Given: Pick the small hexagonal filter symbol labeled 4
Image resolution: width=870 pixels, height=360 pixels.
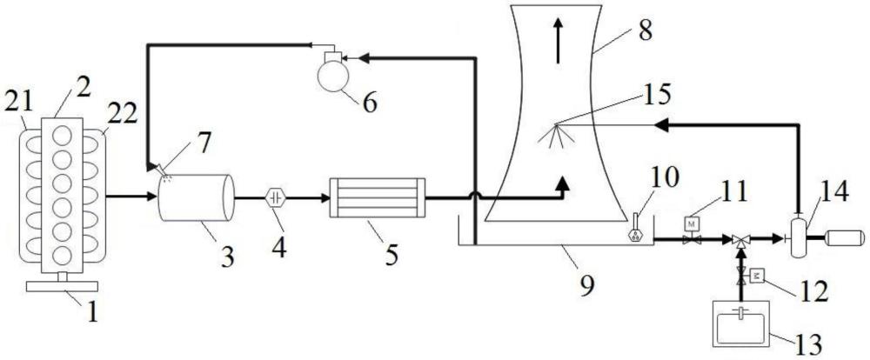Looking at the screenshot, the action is tap(277, 197).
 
